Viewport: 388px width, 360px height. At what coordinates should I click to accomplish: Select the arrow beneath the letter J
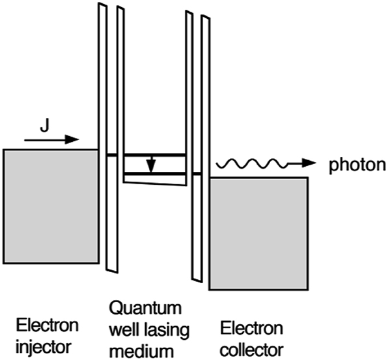pyautogui.click(x=51, y=139)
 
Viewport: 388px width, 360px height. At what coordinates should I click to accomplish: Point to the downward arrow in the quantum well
pyautogui.click(x=151, y=164)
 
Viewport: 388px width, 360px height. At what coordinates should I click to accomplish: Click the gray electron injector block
pyautogui.click(x=51, y=206)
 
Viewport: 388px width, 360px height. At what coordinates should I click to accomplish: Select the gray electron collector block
pyautogui.click(x=258, y=233)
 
